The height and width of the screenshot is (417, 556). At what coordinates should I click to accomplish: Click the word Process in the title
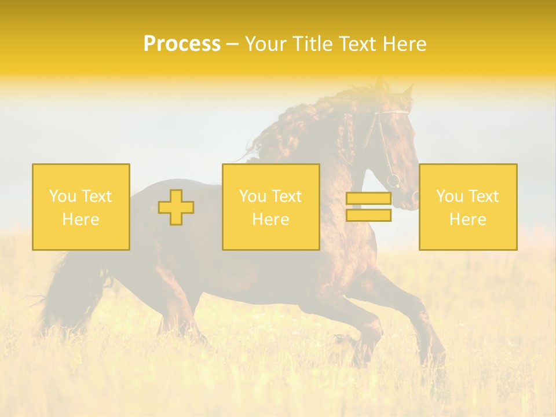[182, 44]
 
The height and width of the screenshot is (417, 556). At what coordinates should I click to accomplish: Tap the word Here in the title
[403, 44]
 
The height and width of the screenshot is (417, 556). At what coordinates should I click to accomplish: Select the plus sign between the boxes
[176, 207]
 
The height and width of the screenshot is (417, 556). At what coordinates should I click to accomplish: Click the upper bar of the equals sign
[368, 199]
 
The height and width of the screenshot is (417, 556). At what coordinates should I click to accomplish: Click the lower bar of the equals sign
[368, 215]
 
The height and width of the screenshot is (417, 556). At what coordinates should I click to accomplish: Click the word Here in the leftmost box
[81, 220]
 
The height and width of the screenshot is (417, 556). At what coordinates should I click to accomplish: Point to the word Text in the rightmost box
[484, 196]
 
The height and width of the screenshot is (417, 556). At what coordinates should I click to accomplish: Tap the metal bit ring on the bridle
[393, 180]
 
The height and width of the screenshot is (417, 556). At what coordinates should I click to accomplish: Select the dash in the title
[232, 44]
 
